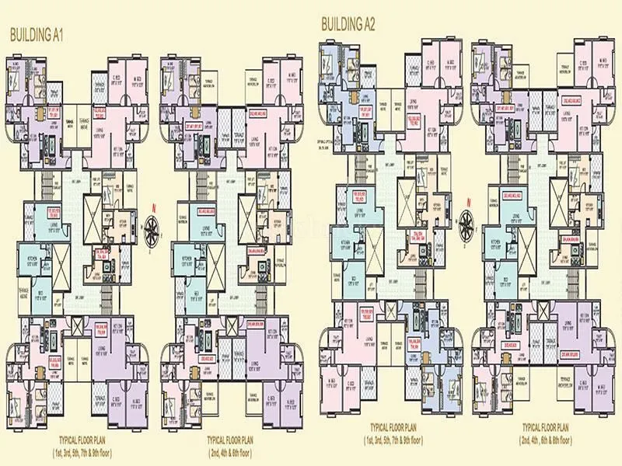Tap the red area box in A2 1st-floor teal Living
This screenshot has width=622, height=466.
point(360,195)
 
